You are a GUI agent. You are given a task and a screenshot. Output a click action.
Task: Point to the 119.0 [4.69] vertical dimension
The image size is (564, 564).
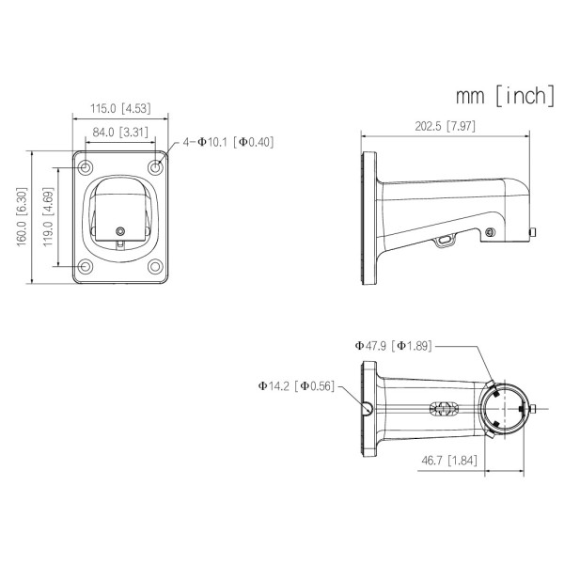(48, 215)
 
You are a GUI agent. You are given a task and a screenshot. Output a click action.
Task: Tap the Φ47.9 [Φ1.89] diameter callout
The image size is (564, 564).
(392, 345)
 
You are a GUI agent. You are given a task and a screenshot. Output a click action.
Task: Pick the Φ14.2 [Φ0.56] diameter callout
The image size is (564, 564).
(295, 385)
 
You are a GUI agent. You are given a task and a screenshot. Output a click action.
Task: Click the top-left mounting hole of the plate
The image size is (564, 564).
(86, 168)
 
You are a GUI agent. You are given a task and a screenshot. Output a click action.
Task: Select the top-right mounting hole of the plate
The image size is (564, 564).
(155, 168)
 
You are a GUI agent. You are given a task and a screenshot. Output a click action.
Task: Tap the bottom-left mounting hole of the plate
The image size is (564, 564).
(86, 266)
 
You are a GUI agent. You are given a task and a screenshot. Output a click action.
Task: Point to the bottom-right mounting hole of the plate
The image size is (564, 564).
(155, 266)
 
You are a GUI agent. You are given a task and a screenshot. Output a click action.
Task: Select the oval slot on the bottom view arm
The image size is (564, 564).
(443, 410)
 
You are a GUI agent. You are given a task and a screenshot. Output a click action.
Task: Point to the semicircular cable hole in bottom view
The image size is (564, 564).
(368, 407)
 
